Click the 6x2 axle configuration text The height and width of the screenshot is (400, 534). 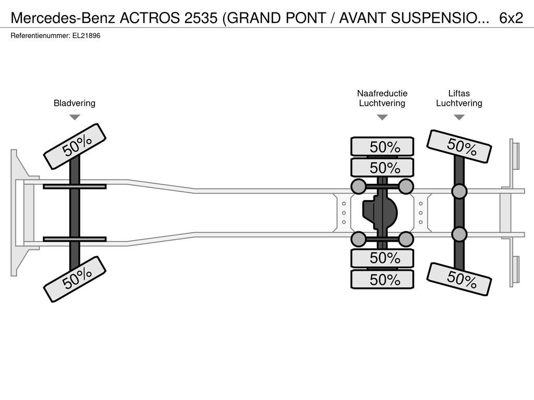(x=511, y=18)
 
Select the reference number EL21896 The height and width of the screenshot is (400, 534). (x=86, y=36)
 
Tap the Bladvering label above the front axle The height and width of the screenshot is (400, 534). (x=75, y=103)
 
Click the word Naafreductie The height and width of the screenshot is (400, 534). (x=382, y=93)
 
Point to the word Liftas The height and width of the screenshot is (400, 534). (x=459, y=93)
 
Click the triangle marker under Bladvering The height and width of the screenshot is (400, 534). (x=75, y=117)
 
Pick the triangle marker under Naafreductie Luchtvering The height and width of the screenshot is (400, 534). (x=382, y=117)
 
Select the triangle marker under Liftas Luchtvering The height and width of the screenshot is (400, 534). (x=459, y=117)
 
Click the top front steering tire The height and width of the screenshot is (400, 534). (x=75, y=146)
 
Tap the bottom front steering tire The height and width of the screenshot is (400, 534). (x=75, y=279)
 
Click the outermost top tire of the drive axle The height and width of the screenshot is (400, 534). (x=382, y=147)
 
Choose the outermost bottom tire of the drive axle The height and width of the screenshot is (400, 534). (x=382, y=280)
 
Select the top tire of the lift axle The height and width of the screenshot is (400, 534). (x=459, y=146)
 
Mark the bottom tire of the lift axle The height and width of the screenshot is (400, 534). (x=459, y=279)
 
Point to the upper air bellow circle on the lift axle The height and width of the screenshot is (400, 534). (x=459, y=192)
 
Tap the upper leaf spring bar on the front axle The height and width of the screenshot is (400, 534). (x=75, y=186)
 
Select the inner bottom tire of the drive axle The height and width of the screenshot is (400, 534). (x=382, y=258)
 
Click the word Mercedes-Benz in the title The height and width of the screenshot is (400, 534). (x=63, y=18)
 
